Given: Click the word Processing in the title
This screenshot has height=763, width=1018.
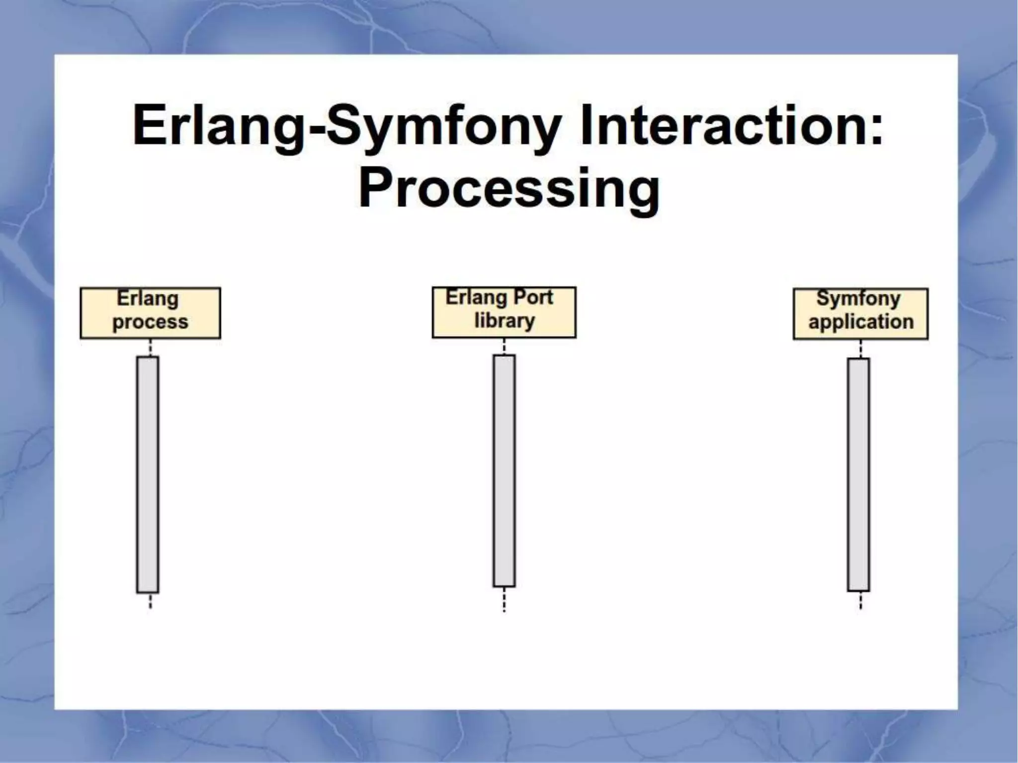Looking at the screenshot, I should pyautogui.click(x=509, y=190).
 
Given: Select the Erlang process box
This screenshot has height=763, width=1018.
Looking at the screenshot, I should pyautogui.click(x=150, y=313).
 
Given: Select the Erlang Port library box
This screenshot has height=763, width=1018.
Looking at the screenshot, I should pyautogui.click(x=504, y=312).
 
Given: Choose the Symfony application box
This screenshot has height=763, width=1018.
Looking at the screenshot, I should pyautogui.click(x=860, y=313).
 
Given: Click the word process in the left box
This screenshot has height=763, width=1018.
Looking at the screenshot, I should pyautogui.click(x=150, y=322).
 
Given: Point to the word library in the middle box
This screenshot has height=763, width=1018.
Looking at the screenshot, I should pyautogui.click(x=504, y=321).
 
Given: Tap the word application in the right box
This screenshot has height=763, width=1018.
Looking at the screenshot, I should pyautogui.click(x=860, y=322).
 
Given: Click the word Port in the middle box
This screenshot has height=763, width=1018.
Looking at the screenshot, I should pyautogui.click(x=532, y=298).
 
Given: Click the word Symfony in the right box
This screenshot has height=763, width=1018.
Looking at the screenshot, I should pyautogui.click(x=858, y=299).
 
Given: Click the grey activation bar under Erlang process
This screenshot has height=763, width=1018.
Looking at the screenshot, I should pyautogui.click(x=148, y=474).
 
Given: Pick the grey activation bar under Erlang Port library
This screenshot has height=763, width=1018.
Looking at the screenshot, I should pyautogui.click(x=504, y=470).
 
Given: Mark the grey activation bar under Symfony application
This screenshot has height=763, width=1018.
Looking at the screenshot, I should pyautogui.click(x=858, y=474).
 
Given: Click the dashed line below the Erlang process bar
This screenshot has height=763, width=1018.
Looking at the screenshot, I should pyautogui.click(x=150, y=601).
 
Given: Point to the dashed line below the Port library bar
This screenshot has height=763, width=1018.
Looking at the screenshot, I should pyautogui.click(x=504, y=600).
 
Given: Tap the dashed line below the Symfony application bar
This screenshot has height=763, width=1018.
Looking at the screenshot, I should pyautogui.click(x=860, y=601).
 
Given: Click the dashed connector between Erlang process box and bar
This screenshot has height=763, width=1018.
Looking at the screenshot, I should pyautogui.click(x=150, y=348).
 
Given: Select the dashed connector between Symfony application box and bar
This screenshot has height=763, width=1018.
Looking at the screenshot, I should pyautogui.click(x=860, y=349).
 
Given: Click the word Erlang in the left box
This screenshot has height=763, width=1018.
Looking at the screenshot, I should pyautogui.click(x=148, y=299).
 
